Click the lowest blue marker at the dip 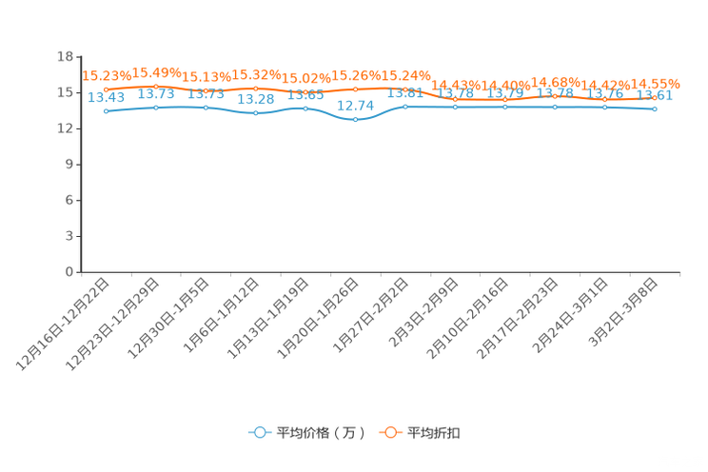[355, 120]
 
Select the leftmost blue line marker [106, 110]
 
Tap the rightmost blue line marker [655, 108]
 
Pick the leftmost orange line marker [106, 89]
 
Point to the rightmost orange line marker [655, 97]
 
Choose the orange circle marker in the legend [390, 432]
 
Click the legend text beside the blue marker [320, 433]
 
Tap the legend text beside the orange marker [436, 433]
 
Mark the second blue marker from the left [156, 107]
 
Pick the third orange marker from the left [206, 90]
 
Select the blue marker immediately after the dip [405, 106]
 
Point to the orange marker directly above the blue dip [355, 89]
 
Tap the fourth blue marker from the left [255, 112]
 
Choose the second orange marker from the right [604, 98]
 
